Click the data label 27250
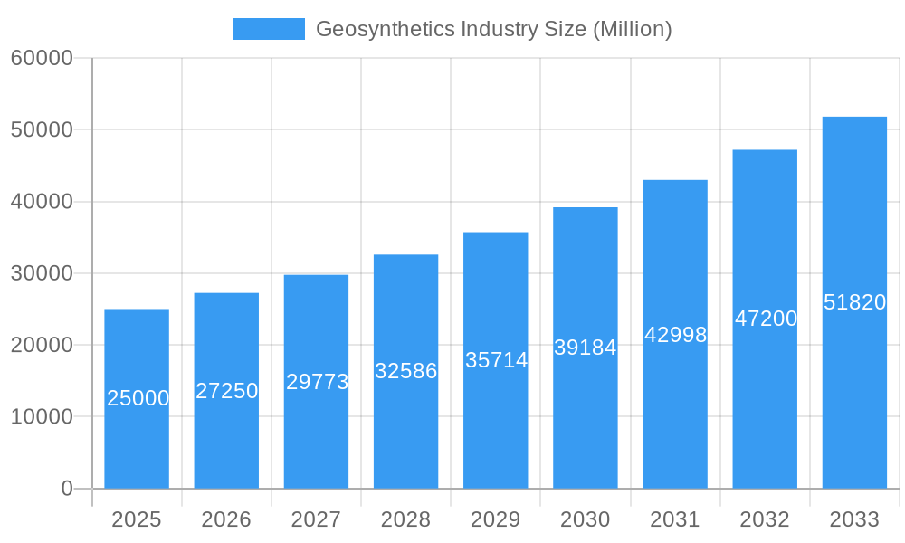tap(227, 391)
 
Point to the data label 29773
tap(317, 382)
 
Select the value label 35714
tap(496, 360)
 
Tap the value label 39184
tap(585, 348)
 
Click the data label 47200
tap(766, 319)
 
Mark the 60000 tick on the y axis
tap(42, 58)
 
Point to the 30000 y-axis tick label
tap(42, 273)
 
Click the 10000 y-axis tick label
tap(42, 417)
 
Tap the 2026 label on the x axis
tap(226, 519)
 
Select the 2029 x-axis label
tap(496, 519)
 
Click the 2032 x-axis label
tap(765, 519)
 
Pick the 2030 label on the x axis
tap(586, 519)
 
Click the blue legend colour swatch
tap(269, 29)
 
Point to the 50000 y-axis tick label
tap(42, 129)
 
